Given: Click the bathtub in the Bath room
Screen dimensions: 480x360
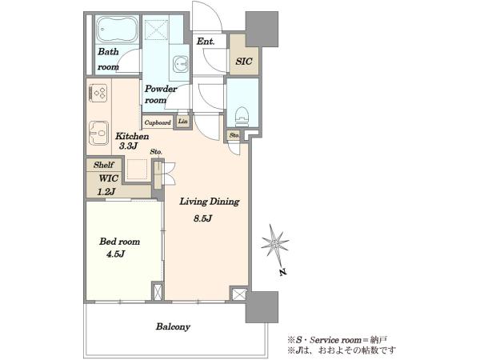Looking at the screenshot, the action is click(x=117, y=29).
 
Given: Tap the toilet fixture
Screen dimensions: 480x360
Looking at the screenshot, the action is click(x=242, y=116).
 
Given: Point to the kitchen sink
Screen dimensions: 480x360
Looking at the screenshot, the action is click(x=98, y=133).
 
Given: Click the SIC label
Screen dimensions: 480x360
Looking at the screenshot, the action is click(x=244, y=62).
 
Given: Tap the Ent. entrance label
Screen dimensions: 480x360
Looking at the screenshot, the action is click(x=205, y=42).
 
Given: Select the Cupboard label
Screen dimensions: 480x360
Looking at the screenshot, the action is click(x=158, y=122).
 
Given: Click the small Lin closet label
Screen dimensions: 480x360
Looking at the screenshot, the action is click(x=182, y=122).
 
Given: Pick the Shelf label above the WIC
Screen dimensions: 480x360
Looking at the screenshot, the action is click(x=104, y=165).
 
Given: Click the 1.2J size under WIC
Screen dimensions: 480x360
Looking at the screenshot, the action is click(x=106, y=192).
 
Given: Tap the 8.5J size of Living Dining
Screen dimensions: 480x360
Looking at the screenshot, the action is click(x=202, y=218).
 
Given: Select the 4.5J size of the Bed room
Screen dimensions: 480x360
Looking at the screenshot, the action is click(x=115, y=254).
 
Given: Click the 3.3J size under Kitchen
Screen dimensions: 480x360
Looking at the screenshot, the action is click(x=127, y=146).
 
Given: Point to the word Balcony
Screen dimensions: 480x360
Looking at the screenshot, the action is click(x=173, y=326).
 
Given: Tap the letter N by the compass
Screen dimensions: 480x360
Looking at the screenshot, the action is click(x=283, y=272).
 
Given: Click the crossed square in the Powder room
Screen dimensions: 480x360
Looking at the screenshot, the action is click(x=157, y=30).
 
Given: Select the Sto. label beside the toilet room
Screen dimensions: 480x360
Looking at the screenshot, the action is click(x=234, y=135).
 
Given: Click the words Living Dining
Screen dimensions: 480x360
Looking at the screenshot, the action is click(x=210, y=202).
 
